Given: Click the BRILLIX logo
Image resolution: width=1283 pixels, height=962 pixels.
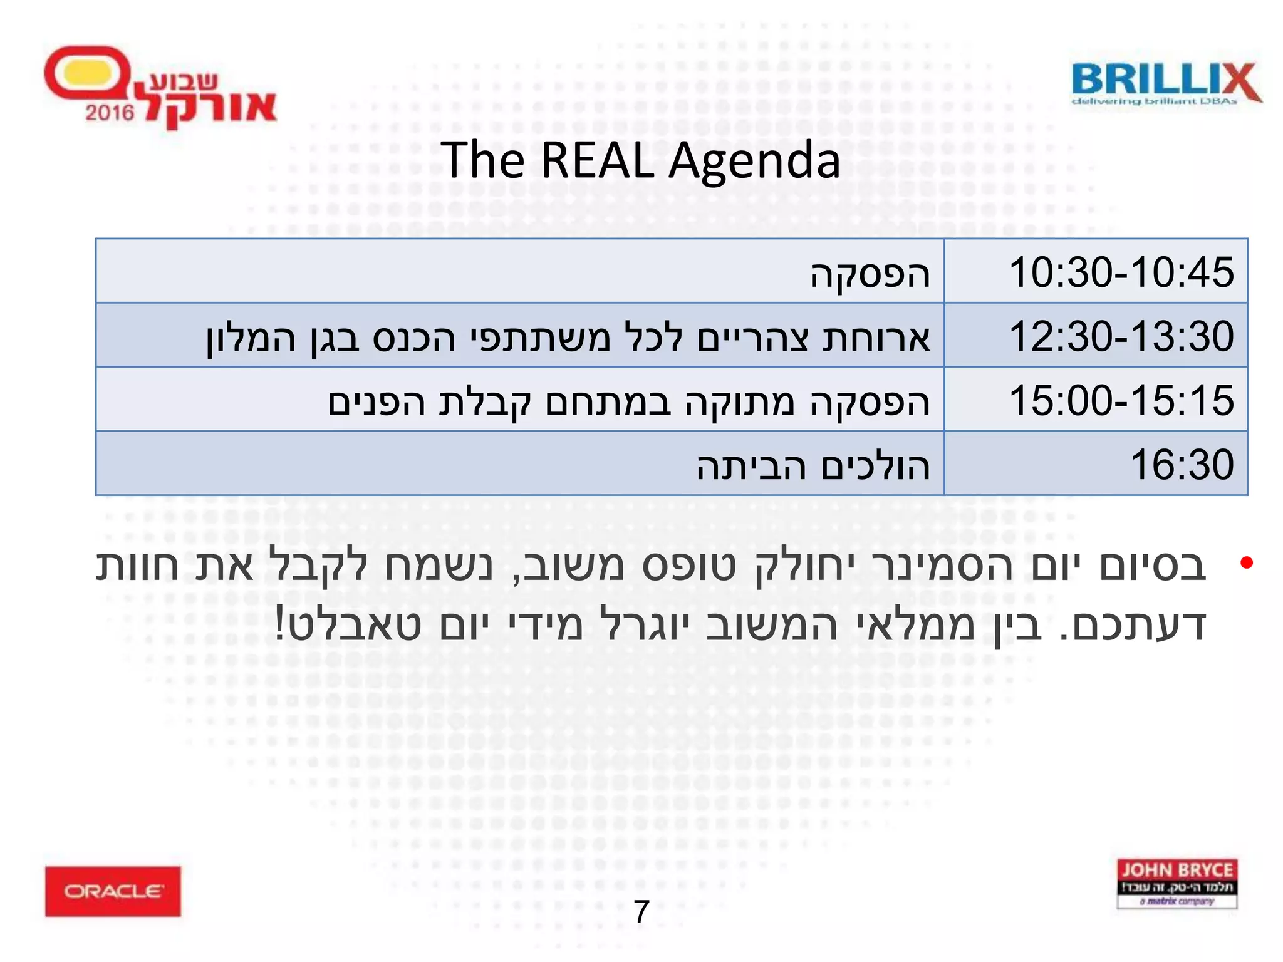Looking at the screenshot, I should click(x=1166, y=80).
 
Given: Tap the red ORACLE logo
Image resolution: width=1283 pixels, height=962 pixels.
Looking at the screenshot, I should click(x=113, y=891).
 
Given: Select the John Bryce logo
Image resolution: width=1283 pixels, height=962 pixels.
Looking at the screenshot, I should click(x=1177, y=882).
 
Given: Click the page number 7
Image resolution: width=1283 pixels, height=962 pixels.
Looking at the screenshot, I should click(x=641, y=911).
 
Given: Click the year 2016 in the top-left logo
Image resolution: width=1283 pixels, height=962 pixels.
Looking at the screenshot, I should click(x=110, y=113).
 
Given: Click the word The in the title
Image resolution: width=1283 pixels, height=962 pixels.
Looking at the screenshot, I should click(x=482, y=160).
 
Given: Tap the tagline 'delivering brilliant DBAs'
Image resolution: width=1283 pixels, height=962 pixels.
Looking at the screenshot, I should click(x=1154, y=101).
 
